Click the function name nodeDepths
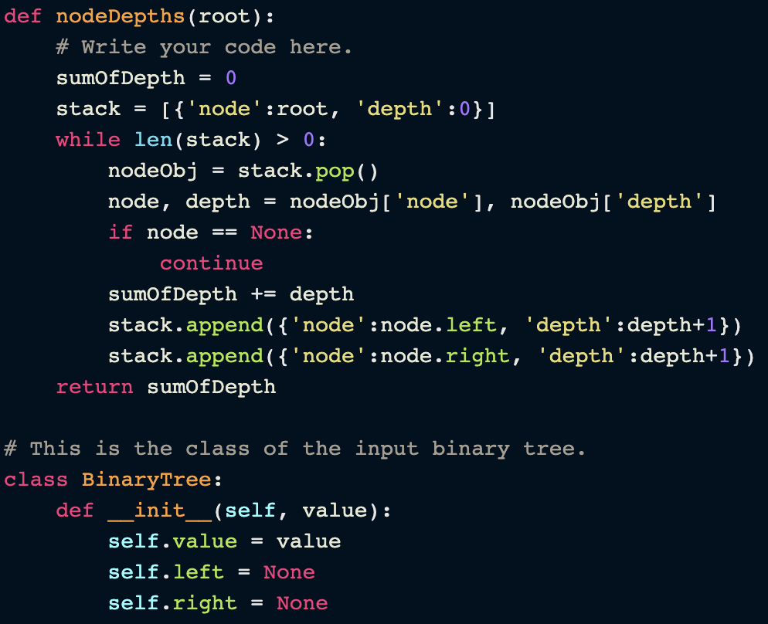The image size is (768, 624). [121, 16]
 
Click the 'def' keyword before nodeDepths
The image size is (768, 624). [23, 16]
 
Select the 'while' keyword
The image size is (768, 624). [88, 140]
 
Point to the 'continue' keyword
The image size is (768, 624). [212, 263]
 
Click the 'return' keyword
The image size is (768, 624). [94, 387]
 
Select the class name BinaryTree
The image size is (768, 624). [147, 480]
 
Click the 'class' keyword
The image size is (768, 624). [36, 480]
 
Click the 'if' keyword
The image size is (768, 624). [121, 232]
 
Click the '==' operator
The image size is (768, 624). [225, 232]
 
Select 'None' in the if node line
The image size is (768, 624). [277, 232]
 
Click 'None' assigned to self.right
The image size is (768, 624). [302, 603]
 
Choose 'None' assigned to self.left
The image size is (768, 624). [289, 572]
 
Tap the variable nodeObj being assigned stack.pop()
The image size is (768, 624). [153, 171]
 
